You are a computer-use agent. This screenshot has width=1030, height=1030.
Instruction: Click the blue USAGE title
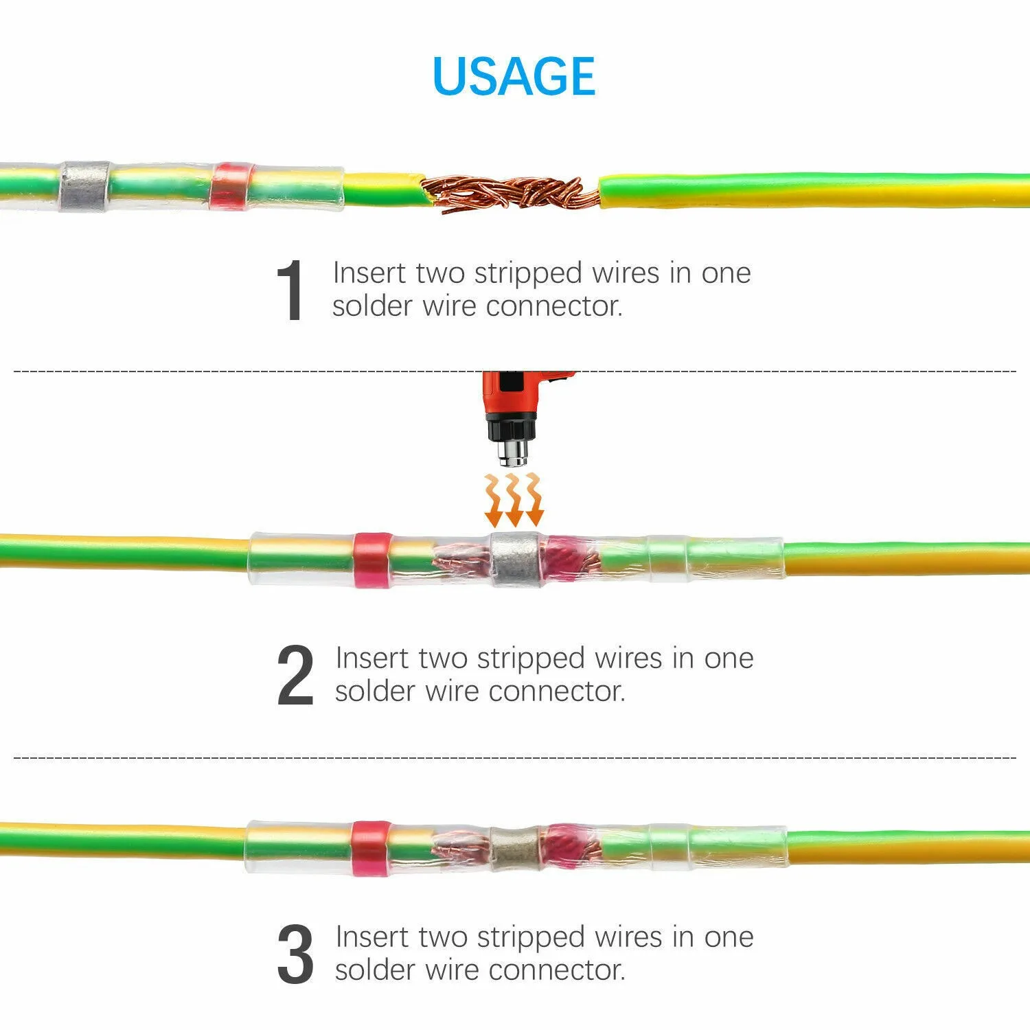pos(514,76)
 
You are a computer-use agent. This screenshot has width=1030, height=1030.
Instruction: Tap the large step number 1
pos(290,290)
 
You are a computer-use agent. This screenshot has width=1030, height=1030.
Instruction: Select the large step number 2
pos(295,676)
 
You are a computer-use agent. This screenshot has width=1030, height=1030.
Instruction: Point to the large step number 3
pos(295,954)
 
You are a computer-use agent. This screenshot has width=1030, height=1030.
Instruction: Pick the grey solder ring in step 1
pos(84,186)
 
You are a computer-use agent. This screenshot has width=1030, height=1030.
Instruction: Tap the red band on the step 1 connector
pos(231,186)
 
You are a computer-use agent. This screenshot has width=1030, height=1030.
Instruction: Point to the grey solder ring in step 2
pos(515,559)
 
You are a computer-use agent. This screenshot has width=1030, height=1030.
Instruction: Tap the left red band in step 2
pos(371,560)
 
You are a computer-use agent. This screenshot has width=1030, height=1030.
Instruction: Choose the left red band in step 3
pos(370,846)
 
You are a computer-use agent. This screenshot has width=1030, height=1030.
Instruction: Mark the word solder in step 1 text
pos(371,306)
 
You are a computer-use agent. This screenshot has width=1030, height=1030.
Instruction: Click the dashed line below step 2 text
pos(515,757)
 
